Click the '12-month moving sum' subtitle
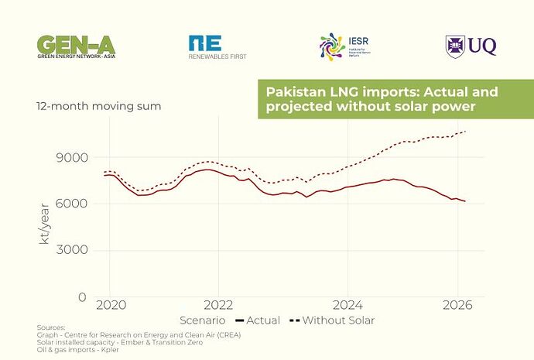coord(98,106)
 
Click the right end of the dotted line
coord(465,132)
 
